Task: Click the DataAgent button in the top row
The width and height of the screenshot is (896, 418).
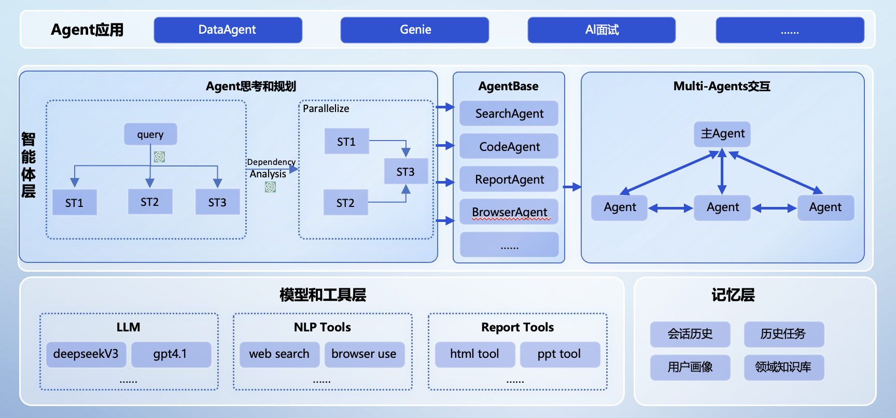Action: click(x=228, y=30)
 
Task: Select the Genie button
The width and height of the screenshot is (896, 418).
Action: click(x=415, y=30)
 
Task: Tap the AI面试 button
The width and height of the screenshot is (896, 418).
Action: click(x=601, y=30)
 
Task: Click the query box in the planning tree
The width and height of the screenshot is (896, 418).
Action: click(x=150, y=134)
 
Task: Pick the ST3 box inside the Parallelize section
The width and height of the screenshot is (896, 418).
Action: click(x=405, y=172)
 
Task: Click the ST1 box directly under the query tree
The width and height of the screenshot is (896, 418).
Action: click(x=74, y=203)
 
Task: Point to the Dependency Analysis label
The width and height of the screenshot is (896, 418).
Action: click(x=271, y=168)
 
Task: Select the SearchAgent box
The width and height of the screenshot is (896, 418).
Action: click(x=509, y=114)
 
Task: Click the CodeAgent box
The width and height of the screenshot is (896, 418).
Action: click(x=509, y=147)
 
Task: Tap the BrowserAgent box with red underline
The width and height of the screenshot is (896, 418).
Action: click(x=509, y=212)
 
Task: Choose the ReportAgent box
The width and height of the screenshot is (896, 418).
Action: click(x=509, y=179)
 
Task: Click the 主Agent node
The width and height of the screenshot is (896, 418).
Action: click(x=722, y=134)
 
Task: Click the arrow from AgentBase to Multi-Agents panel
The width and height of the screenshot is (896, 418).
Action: click(x=572, y=187)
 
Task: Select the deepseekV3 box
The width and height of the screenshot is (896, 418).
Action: click(x=86, y=354)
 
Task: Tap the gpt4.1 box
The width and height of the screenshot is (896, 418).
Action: click(x=171, y=354)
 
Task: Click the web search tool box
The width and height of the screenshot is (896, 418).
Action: click(x=279, y=354)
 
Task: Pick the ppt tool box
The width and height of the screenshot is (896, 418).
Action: click(x=559, y=354)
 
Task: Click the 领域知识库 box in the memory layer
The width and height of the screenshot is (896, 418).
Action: click(x=783, y=367)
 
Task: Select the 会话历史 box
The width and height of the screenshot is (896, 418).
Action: click(x=690, y=334)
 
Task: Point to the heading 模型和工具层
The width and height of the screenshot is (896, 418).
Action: click(x=323, y=295)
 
